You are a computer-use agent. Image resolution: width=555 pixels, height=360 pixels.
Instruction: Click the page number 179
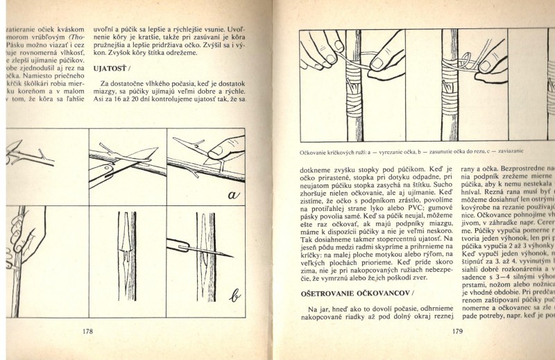456,331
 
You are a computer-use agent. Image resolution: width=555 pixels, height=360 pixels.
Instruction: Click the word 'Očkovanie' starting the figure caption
314,153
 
